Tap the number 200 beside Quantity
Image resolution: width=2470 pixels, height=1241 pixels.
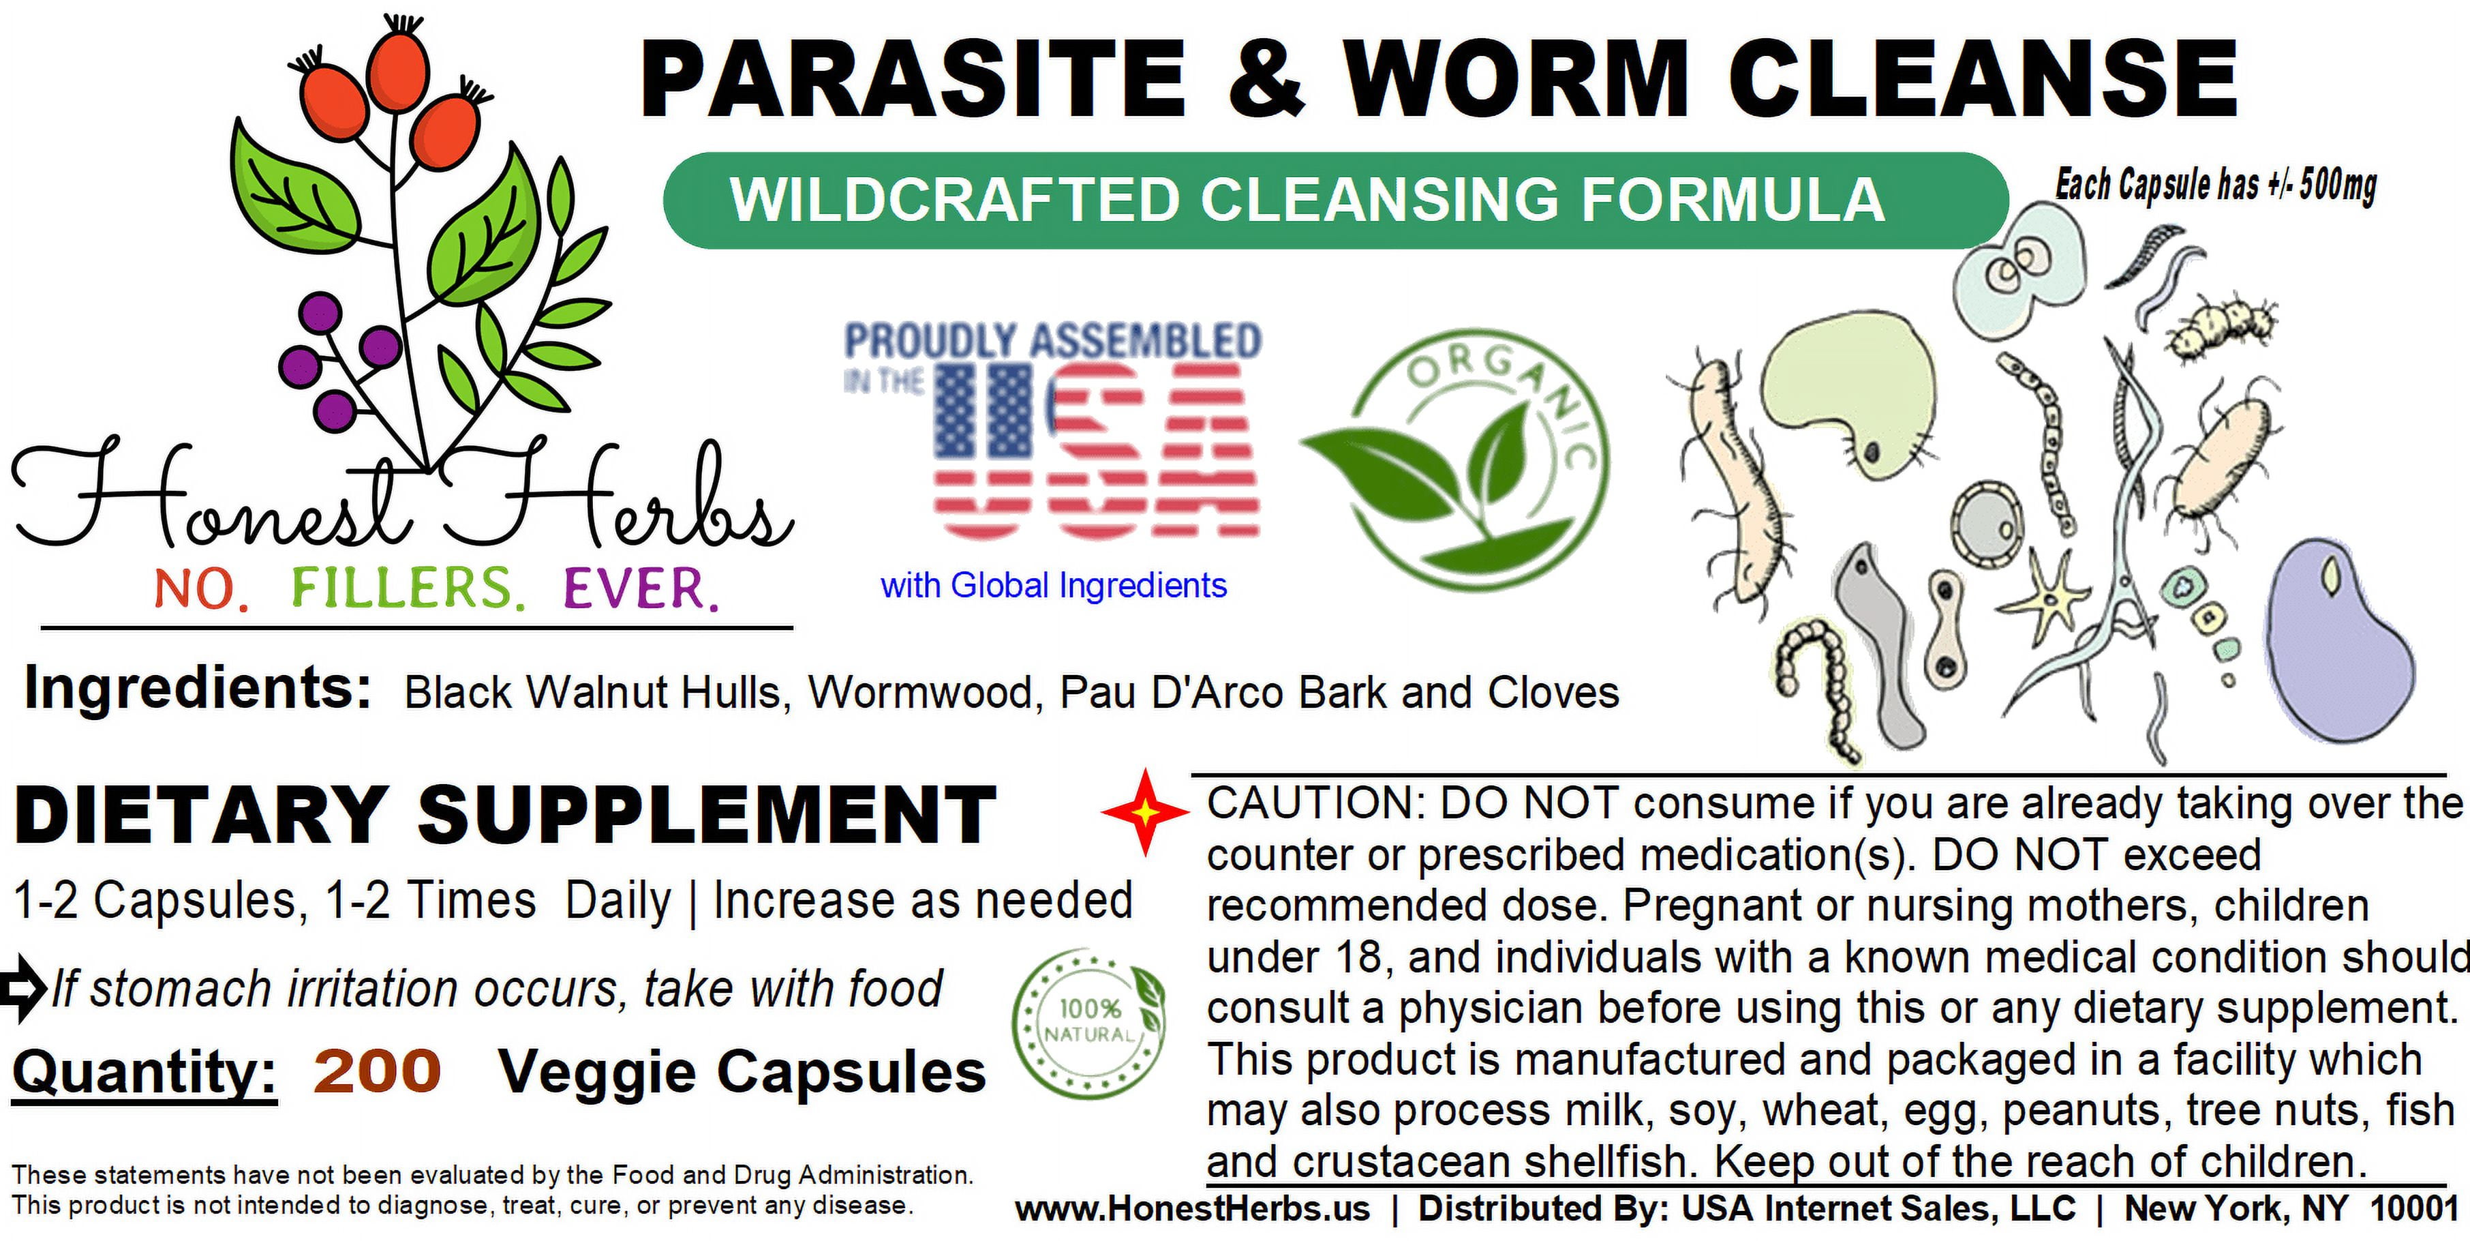click(377, 1071)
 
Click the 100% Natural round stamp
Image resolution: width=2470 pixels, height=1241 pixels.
click(1089, 1023)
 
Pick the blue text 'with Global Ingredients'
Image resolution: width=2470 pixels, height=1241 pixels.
click(1054, 585)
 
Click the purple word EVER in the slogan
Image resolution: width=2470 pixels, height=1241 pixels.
click(641, 589)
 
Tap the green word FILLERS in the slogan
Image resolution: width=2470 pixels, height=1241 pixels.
click(408, 589)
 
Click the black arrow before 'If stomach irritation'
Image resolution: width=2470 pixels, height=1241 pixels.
click(24, 988)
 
